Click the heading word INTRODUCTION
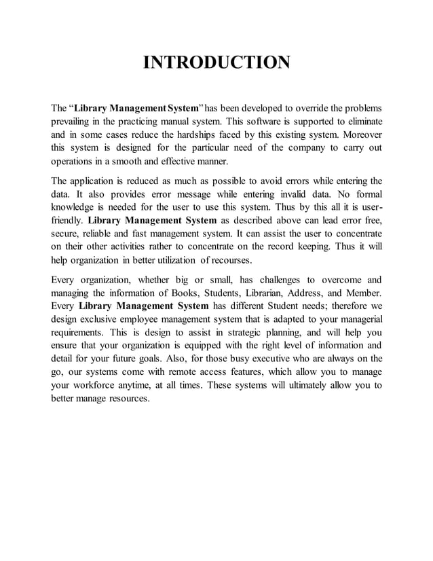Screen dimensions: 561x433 click(216, 63)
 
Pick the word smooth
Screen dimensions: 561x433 click(130, 162)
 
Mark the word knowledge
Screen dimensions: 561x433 click(75, 207)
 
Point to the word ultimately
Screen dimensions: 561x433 click(295, 386)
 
